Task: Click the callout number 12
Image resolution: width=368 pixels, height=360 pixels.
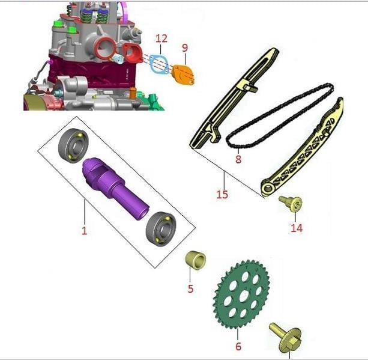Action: pos(161,39)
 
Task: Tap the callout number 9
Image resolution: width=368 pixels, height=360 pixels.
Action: pos(185,47)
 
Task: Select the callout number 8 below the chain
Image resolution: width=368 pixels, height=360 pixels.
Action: pos(238,159)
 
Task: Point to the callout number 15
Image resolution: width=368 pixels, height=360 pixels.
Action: pos(222,194)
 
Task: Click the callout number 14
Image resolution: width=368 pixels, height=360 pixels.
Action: pos(297,228)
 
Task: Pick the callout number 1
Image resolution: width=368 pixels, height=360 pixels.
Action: pos(84,230)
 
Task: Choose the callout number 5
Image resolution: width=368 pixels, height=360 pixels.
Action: pos(190,288)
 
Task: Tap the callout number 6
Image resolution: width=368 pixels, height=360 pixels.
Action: pos(238,346)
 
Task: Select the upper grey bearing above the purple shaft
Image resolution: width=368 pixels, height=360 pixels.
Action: pos(73,145)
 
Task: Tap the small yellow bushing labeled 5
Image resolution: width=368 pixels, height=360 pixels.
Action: pos(195,260)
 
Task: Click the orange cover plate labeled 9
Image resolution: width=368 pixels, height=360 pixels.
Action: pos(183,75)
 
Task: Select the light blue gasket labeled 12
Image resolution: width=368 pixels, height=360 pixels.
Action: pos(160,64)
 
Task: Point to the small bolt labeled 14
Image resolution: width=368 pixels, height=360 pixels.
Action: pos(292,203)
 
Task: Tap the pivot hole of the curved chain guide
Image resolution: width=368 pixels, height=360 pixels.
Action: pos(267,188)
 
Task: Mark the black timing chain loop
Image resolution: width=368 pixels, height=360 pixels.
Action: pos(279,115)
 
